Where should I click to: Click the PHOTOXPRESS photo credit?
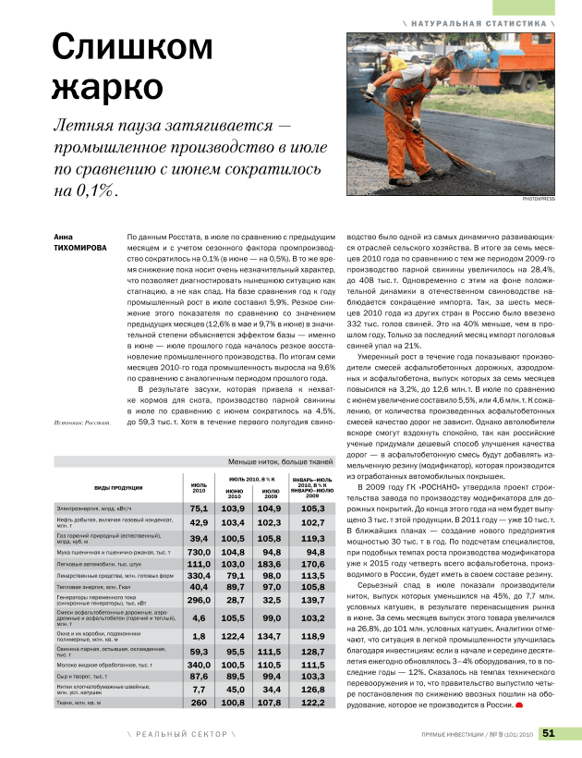click(x=540, y=198)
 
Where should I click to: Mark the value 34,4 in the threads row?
click(x=270, y=689)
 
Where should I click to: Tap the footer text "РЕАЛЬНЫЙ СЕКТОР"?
click(x=181, y=734)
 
